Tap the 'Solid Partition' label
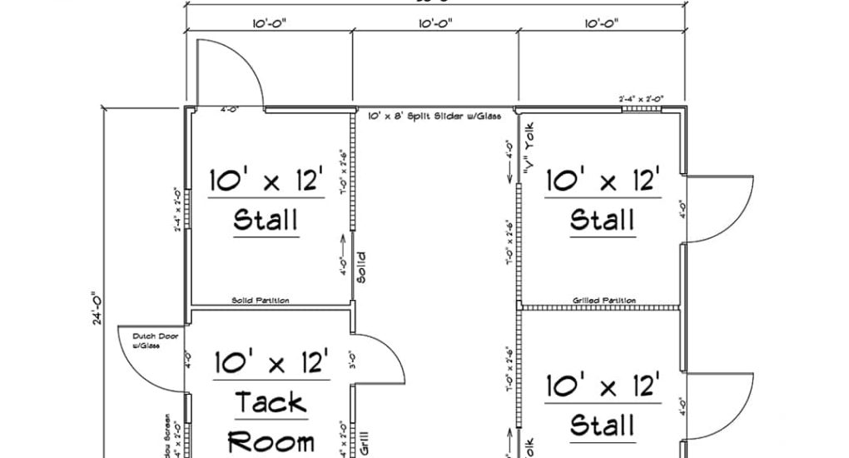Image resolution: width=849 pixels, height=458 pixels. point(261,301)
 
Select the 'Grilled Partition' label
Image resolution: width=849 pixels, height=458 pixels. point(604,300)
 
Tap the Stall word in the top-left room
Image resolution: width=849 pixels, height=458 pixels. point(266,221)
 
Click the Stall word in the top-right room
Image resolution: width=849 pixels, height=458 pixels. point(603,221)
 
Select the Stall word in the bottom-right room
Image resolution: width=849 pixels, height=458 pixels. point(603,426)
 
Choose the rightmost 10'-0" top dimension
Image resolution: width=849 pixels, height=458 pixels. point(601,24)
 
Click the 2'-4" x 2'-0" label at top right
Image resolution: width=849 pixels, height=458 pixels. point(641,99)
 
